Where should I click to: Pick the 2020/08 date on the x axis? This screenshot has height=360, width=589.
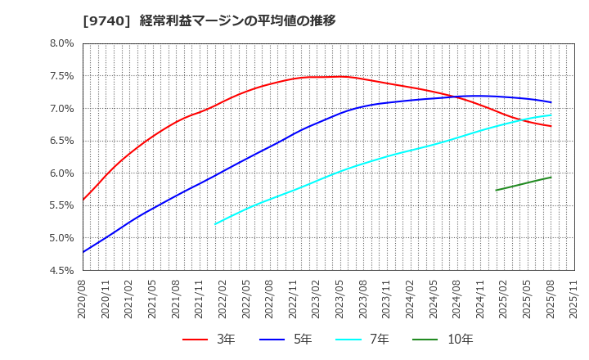83,299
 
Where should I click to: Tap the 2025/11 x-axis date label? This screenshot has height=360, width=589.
574,299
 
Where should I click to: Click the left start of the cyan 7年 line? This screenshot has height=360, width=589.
215,223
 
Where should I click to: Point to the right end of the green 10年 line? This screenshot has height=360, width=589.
551,177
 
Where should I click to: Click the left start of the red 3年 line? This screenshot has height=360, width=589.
83,200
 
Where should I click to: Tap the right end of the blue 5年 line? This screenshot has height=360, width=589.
551,102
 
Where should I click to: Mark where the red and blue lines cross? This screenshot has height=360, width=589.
454,97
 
